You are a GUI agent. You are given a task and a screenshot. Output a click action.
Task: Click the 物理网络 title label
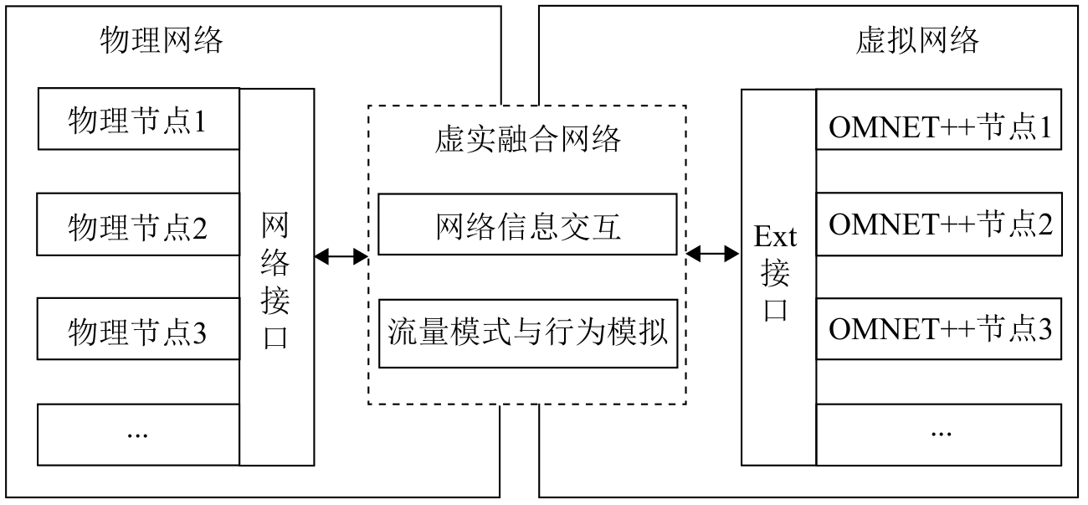click(x=162, y=40)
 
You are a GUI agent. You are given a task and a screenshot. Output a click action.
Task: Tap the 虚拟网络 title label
click(x=917, y=40)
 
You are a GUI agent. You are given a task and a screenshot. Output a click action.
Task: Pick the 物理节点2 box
click(x=138, y=225)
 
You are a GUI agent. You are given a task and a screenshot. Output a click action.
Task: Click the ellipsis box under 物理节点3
click(x=138, y=434)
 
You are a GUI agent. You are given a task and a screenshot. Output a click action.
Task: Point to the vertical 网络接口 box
click(x=277, y=276)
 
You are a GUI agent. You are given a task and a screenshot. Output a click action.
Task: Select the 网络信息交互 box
click(x=527, y=224)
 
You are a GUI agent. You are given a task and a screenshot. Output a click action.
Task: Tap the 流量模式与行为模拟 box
click(x=527, y=332)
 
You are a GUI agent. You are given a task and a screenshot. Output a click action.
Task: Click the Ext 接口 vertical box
click(x=778, y=276)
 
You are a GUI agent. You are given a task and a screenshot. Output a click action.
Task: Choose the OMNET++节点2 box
click(x=939, y=224)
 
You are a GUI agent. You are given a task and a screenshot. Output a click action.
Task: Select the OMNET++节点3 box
click(x=939, y=328)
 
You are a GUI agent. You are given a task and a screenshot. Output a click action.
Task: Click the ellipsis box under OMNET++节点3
click(x=939, y=434)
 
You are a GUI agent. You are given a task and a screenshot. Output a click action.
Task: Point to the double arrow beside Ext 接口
click(x=714, y=251)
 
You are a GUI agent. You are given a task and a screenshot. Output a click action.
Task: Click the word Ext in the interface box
click(x=776, y=238)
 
